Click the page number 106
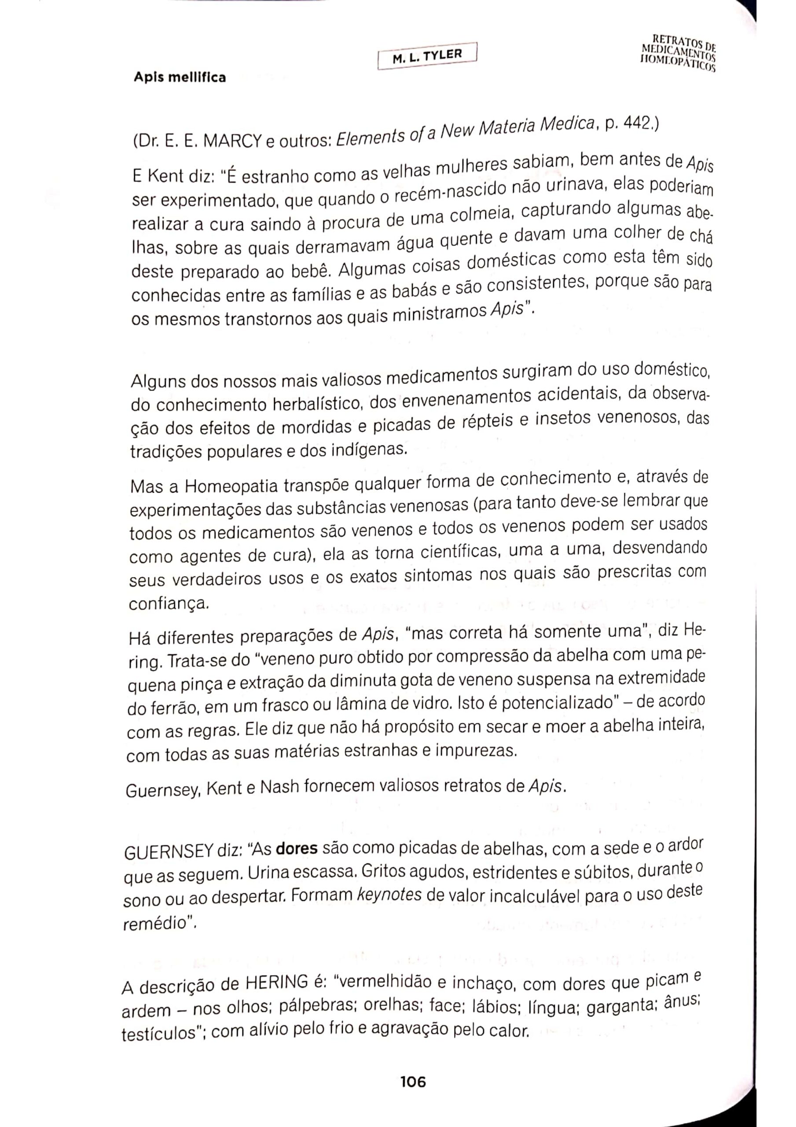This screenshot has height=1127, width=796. coord(413,1081)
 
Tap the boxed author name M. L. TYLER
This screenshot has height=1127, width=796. coord(427,56)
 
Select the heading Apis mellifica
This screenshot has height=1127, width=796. coord(180,77)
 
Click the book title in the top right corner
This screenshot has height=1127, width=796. coord(678,51)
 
